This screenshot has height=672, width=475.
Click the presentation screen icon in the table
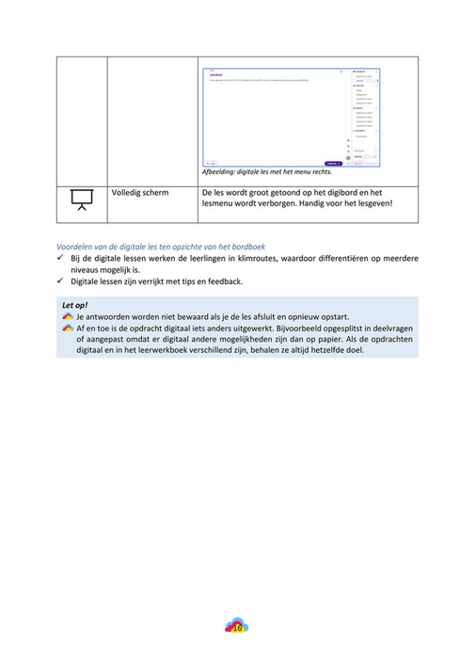coord(80,199)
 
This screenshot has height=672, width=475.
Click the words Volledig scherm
coord(140,193)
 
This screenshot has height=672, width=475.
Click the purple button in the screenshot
coord(332,163)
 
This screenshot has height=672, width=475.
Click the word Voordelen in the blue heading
coord(79,247)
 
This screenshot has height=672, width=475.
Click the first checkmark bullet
coord(61,258)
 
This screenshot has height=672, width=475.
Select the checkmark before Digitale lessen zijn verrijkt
coord(61,280)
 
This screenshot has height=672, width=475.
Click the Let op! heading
coord(74,306)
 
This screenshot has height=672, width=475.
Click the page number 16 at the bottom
coord(237,627)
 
